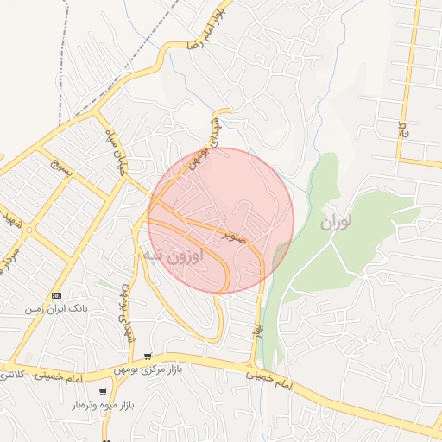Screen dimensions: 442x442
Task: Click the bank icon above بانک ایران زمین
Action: (x=57, y=295)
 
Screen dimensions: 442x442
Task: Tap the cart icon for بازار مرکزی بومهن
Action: (x=148, y=357)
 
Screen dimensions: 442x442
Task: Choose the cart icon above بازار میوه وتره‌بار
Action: (x=103, y=392)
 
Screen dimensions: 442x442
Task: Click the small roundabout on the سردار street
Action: (x=29, y=230)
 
